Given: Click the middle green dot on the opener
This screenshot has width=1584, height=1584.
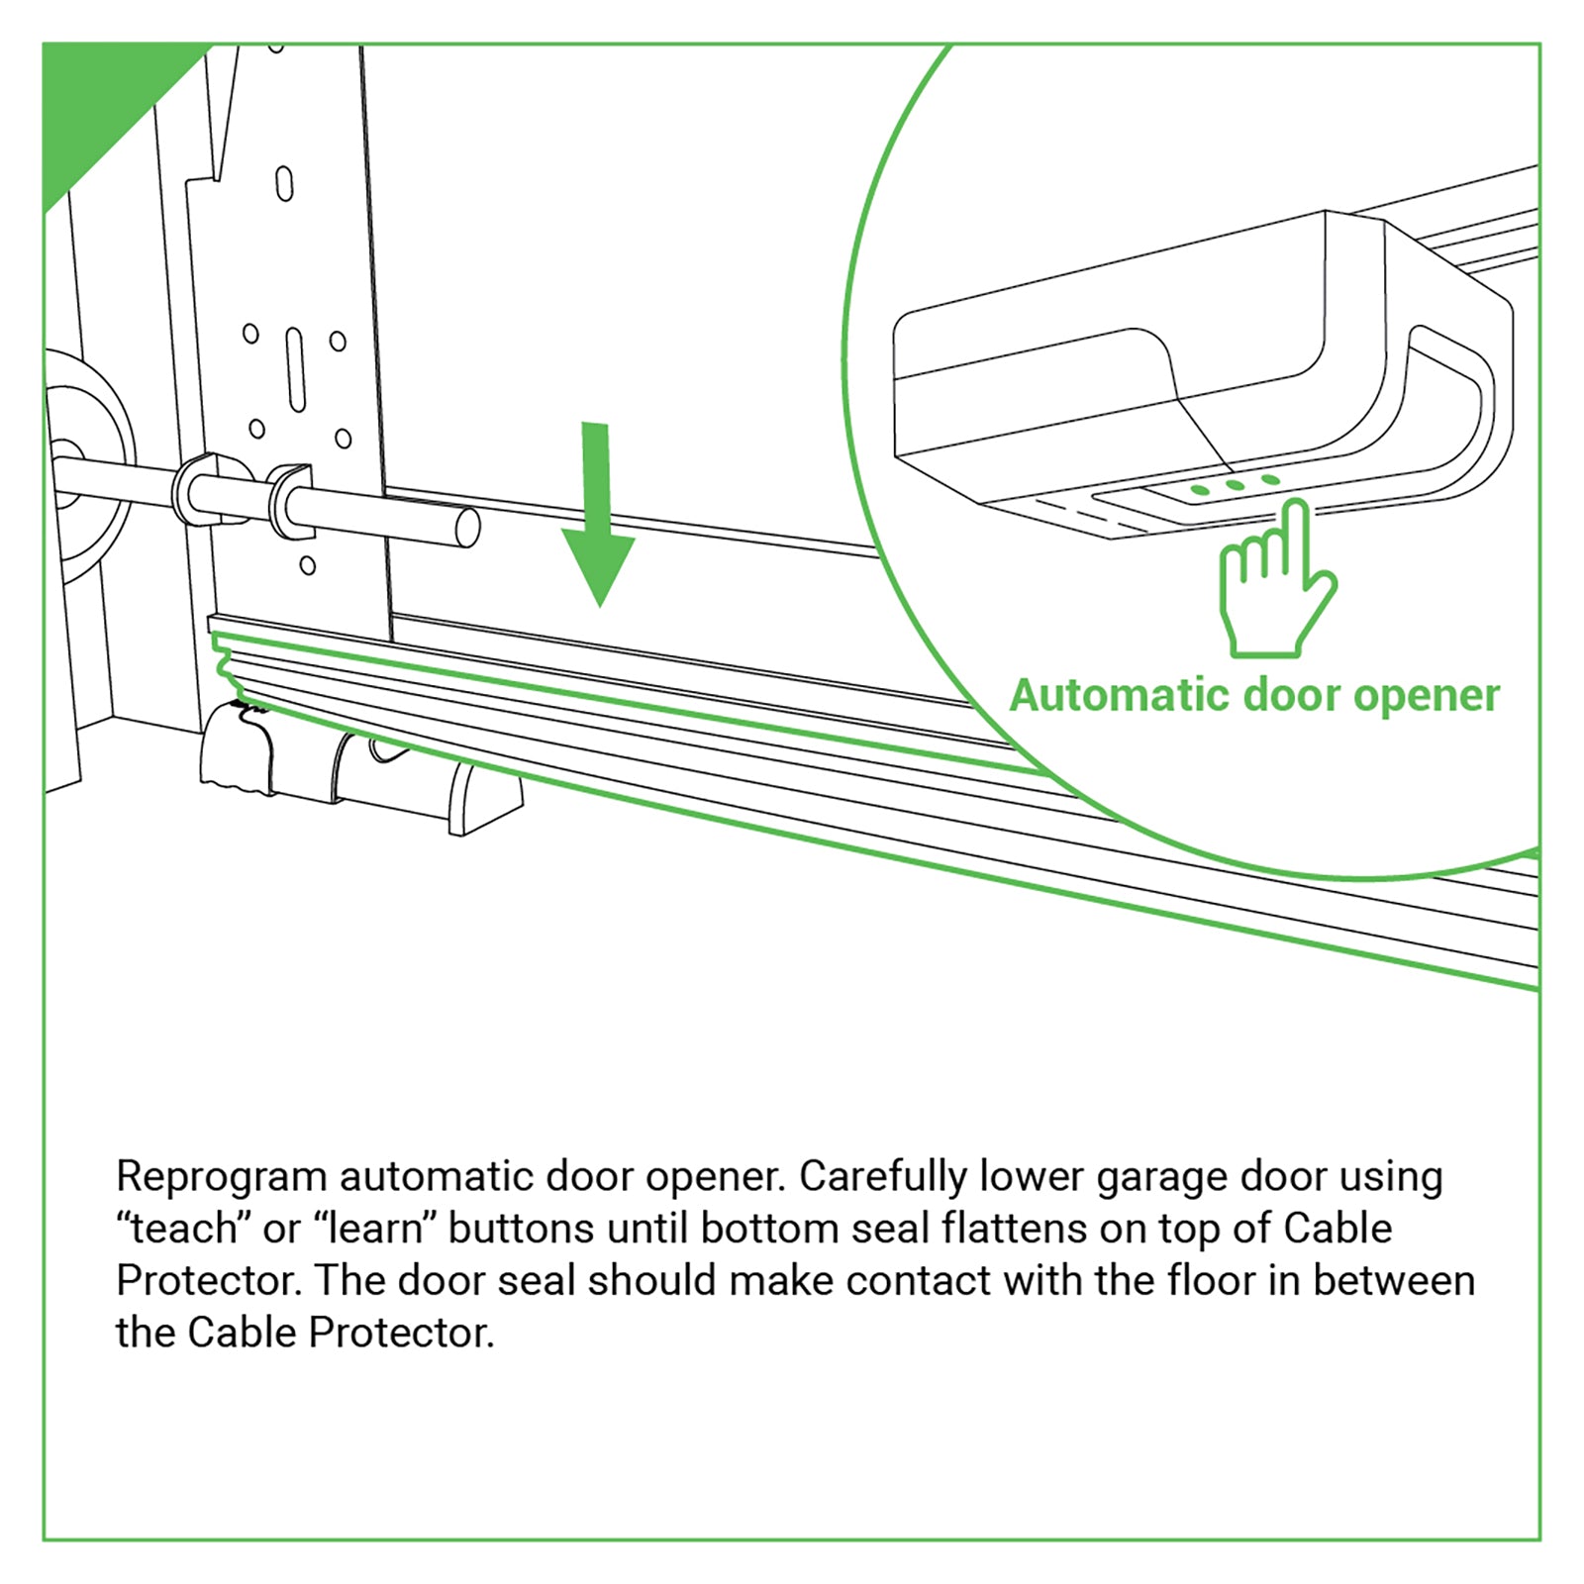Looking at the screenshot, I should [x=1235, y=485].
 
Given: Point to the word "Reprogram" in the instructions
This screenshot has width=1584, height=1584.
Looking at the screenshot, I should [x=221, y=1178].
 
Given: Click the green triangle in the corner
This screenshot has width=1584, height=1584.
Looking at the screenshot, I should [x=99, y=99].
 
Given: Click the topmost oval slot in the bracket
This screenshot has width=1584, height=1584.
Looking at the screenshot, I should [x=284, y=184].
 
